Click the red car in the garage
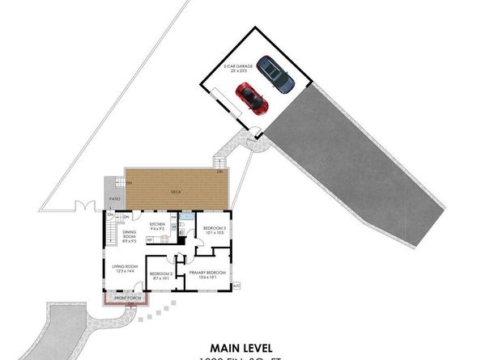[x=252, y=98]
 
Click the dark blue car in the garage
[x=275, y=78]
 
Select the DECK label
[x=175, y=192]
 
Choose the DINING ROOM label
[x=129, y=236]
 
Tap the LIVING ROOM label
[x=124, y=268]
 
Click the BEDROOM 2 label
[x=161, y=276]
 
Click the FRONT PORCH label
[x=126, y=299]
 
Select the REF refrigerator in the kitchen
[x=150, y=239]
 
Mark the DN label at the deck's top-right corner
[x=219, y=172]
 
